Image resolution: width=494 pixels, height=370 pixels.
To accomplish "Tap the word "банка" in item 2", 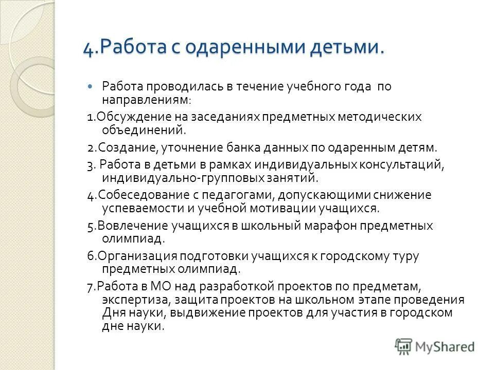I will click(x=244, y=147).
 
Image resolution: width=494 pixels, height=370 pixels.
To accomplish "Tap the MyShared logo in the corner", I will click(x=434, y=346).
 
